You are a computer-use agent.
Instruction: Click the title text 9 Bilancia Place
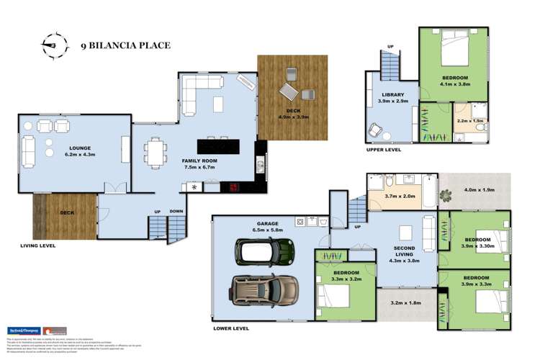point(125,45)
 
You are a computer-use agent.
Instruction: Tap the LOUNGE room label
point(80,148)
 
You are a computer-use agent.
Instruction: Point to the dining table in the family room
point(156,152)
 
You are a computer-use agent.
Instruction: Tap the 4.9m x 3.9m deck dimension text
point(293,116)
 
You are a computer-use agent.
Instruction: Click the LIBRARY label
point(393,94)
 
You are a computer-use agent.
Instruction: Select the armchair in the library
point(376,130)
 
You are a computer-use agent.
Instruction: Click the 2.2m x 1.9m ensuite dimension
point(471,121)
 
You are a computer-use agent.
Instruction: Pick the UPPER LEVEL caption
point(384,151)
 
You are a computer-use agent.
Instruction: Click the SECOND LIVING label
point(404,253)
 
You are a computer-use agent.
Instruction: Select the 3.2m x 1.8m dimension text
point(406,303)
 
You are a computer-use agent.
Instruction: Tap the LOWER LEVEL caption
point(231,328)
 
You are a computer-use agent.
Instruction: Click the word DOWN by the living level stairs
point(177,211)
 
